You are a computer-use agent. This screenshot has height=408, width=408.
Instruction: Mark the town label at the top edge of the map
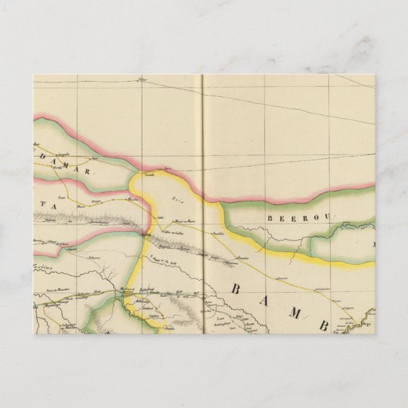142,80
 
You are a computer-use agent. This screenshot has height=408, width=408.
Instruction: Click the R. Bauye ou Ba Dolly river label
163,260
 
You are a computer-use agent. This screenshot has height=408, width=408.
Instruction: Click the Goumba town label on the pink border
150,172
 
